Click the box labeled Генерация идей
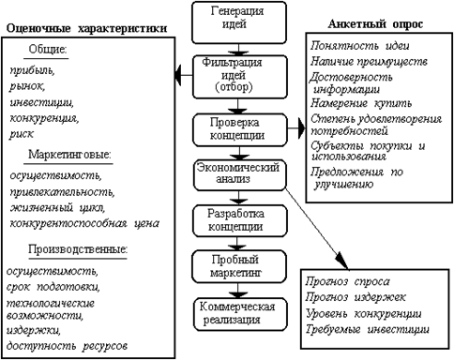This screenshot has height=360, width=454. pos(239,22)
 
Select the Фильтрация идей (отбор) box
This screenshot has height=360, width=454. pos(240,77)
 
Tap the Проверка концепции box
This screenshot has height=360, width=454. pos(240,130)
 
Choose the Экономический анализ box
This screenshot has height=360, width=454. pos(240,175)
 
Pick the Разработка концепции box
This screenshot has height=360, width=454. pos(240,221)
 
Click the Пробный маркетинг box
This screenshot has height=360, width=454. pos(239,266)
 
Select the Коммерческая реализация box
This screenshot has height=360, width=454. pos(240,314)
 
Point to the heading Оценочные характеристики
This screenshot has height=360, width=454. pos(86,29)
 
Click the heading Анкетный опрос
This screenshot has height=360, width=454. pos(375,24)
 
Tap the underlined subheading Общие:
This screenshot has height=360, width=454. pos(48,50)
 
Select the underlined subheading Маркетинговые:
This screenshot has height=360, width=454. pos(69,155)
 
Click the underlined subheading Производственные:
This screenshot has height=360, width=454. pos(78,249)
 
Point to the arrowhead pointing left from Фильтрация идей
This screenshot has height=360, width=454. pos(178,75)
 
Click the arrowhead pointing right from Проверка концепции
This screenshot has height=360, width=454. pos(301,128)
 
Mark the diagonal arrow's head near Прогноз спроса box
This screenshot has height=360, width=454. pos(342,261)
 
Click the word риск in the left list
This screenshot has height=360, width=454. pos(22,134)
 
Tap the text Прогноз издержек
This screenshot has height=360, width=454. pos(356,297)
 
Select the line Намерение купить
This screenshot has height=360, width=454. pos(361,103)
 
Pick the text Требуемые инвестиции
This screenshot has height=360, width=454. pos(367,329)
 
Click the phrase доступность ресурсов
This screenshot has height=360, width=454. pos(67,346)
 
